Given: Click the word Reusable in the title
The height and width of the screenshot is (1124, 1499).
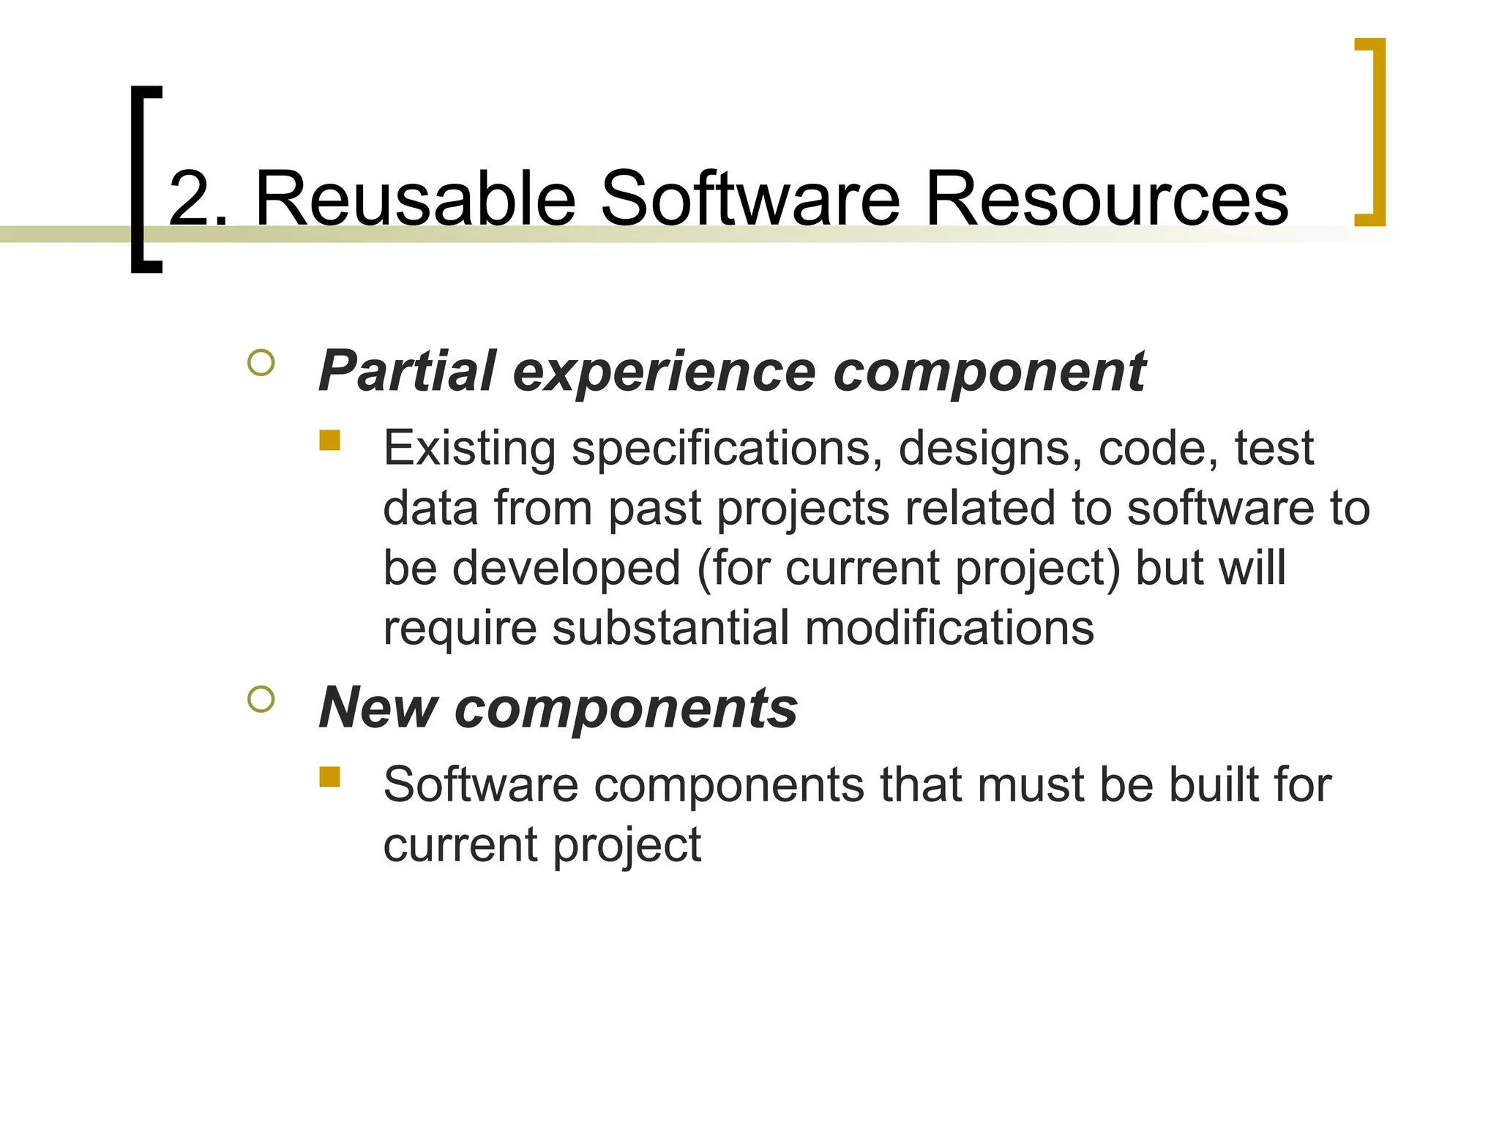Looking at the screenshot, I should [x=416, y=198].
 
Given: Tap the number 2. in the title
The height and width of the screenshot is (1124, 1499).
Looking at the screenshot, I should [x=198, y=198].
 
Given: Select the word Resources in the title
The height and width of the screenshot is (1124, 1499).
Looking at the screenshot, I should [x=1106, y=198].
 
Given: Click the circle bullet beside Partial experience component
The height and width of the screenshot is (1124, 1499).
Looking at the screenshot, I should [x=261, y=363].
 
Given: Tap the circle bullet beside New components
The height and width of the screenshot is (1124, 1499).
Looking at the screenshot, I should [x=261, y=700].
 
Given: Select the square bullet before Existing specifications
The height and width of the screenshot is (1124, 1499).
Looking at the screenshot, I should [x=330, y=440].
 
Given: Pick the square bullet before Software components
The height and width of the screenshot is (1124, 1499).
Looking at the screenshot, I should [x=330, y=776].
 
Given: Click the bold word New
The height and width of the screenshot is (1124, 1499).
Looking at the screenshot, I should [x=378, y=708].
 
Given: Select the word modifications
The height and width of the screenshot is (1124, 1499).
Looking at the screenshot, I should [x=949, y=628].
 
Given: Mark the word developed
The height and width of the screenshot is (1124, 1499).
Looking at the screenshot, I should [x=567, y=568].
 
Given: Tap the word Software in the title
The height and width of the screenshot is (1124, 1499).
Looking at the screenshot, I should [x=750, y=198].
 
